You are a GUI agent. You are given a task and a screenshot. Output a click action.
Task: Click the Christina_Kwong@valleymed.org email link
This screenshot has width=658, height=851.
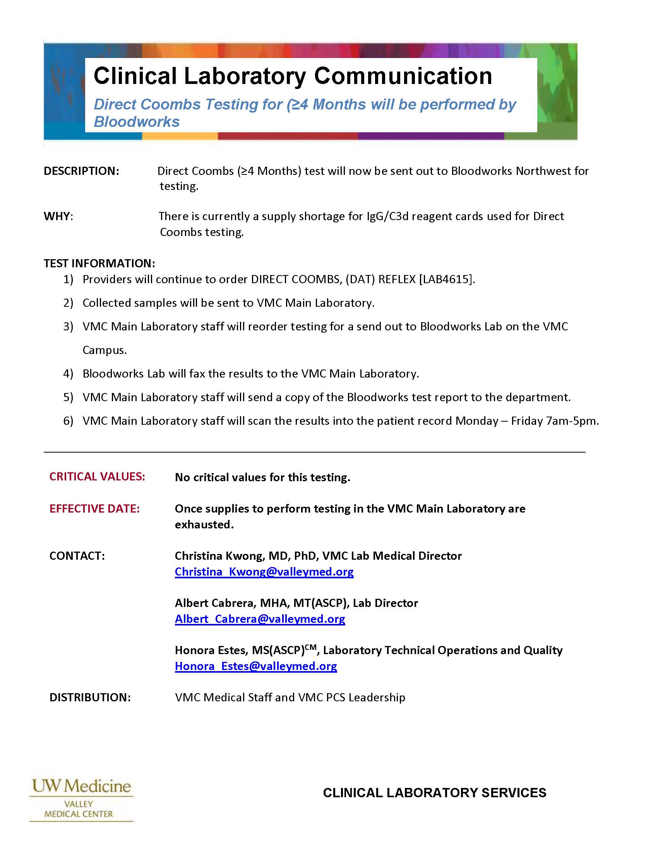pos(264,572)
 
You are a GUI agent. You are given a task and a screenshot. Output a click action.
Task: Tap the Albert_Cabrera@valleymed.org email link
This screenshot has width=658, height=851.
pos(260,619)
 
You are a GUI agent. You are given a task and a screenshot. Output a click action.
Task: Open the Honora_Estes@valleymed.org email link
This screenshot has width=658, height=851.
pos(256,666)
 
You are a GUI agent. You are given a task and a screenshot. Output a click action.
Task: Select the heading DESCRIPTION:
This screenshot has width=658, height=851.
pos(81,171)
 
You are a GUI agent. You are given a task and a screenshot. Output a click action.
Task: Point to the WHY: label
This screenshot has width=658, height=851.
pos(58,216)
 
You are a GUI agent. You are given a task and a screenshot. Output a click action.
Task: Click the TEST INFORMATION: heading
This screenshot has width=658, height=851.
pos(99,263)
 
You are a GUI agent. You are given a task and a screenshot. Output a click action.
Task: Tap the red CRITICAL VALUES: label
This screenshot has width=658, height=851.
pos(97,477)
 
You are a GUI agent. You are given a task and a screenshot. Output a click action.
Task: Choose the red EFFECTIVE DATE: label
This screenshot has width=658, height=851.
pos(94,509)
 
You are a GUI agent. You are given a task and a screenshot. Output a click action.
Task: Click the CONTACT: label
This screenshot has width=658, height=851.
pos(77,555)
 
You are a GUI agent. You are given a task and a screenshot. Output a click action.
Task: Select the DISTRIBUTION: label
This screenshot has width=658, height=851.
pos(90,697)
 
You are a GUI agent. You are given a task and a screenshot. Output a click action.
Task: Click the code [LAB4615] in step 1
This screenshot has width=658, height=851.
pos(446,279)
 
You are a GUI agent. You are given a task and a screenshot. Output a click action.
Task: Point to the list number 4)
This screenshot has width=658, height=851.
pos(68,374)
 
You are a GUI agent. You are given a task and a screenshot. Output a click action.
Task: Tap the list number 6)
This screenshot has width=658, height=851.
pos(68,421)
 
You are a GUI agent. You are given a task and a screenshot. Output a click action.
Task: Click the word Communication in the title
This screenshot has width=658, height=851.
pos(403,75)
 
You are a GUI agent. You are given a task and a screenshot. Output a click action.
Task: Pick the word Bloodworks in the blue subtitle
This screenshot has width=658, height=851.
pos(137,122)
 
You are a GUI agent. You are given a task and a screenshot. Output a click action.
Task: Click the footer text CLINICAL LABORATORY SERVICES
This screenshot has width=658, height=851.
pos(435,793)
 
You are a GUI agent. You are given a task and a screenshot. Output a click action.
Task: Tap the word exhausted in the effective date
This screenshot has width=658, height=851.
pos(204,525)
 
